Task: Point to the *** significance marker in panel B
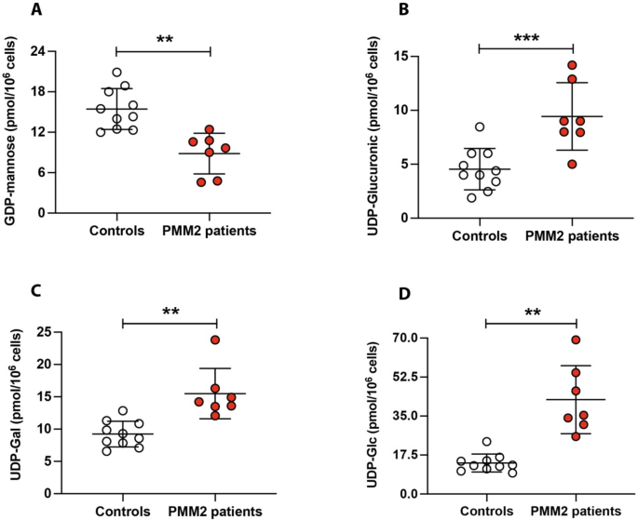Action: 525,39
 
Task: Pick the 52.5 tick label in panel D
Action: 414,377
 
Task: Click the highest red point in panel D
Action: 576,340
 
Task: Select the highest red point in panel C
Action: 215,340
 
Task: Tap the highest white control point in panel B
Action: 480,127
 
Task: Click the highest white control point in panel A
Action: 116,73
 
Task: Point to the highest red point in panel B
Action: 573,65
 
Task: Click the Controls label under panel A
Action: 116,231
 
